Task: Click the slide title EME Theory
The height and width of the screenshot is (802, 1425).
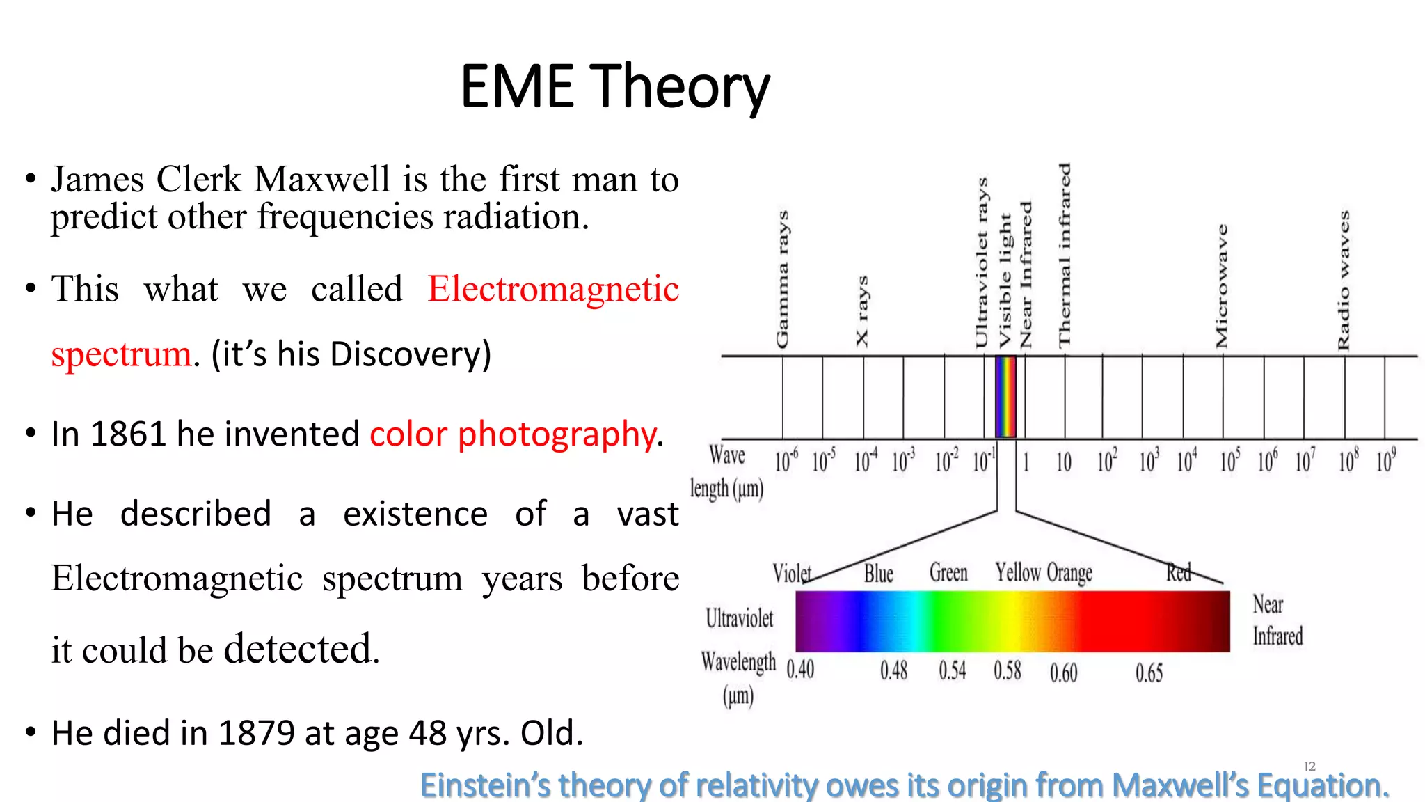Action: tap(615, 86)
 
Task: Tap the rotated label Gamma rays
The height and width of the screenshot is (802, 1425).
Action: tap(783, 278)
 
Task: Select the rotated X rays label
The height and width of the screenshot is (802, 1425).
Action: tap(862, 311)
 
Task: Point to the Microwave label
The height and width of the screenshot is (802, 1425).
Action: tap(1222, 285)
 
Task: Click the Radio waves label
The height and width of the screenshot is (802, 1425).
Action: tap(1344, 280)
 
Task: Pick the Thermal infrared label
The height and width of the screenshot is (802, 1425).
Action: tap(1065, 255)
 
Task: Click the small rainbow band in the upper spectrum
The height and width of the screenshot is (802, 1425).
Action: tap(1006, 397)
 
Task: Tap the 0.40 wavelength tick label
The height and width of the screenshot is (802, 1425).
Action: tap(800, 670)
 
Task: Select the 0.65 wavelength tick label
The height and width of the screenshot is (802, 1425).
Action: tap(1149, 673)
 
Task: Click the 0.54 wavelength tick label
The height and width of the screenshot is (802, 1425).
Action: tap(953, 670)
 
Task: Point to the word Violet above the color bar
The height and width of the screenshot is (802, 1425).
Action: tap(792, 574)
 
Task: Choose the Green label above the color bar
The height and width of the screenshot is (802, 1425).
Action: tap(948, 573)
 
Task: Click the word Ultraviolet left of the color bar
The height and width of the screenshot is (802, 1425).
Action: tap(739, 618)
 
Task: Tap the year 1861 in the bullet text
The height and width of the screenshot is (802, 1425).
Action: tap(129, 434)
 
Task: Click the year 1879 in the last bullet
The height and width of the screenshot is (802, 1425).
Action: tap(257, 733)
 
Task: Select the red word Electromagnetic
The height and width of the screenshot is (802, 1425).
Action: tap(553, 289)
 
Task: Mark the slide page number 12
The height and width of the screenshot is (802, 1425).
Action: tap(1309, 766)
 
